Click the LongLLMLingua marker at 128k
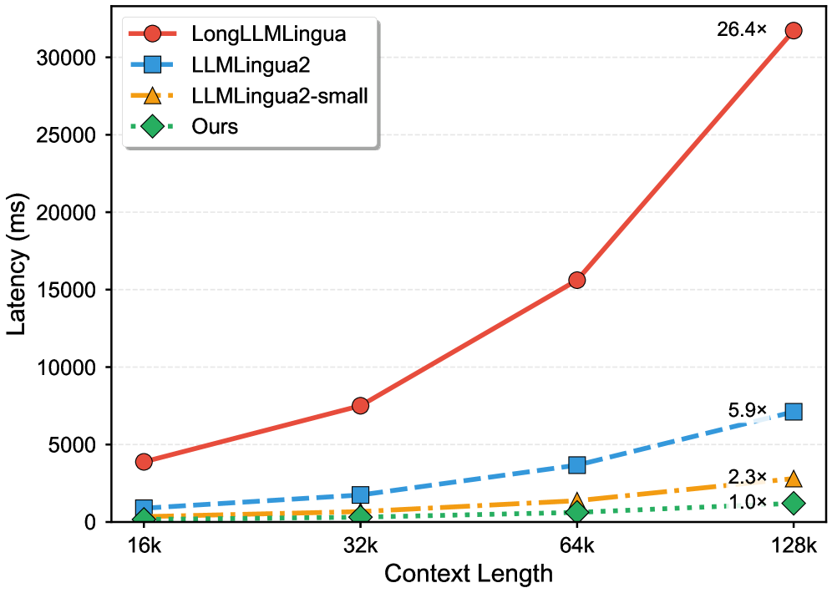tap(793, 30)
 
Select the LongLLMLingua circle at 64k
tap(576, 280)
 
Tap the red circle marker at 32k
tap(360, 405)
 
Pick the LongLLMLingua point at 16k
tap(144, 461)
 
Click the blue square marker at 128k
tap(793, 411)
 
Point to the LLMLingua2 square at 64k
tap(576, 464)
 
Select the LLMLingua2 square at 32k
tap(360, 494)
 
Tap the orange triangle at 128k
tap(793, 479)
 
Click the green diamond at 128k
tap(793, 503)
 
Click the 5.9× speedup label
tap(747, 410)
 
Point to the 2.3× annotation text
tap(747, 477)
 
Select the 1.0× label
tap(747, 502)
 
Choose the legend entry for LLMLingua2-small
tap(279, 96)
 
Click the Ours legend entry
tap(215, 126)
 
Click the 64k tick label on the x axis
tap(576, 546)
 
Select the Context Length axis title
tap(468, 575)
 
